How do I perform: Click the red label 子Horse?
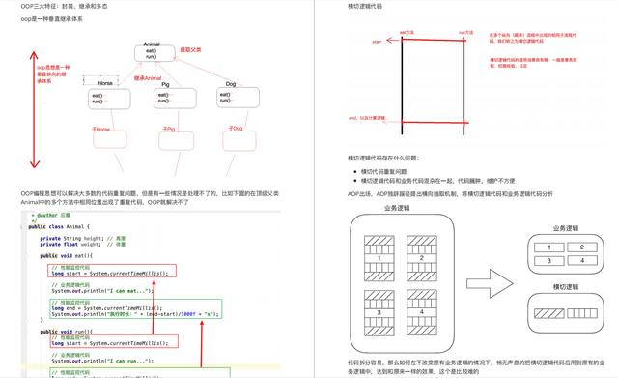click(101, 129)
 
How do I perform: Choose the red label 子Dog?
click(233, 128)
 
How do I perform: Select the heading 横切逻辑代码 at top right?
click(371, 7)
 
